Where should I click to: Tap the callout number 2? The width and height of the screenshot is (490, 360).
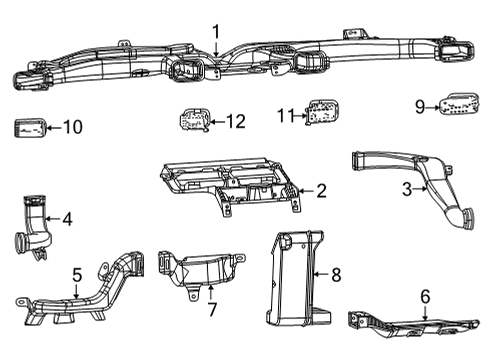321,190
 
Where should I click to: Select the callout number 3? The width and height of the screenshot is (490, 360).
407,188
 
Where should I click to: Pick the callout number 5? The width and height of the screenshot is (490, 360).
76,272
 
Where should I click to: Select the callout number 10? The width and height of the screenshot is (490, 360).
73,127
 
